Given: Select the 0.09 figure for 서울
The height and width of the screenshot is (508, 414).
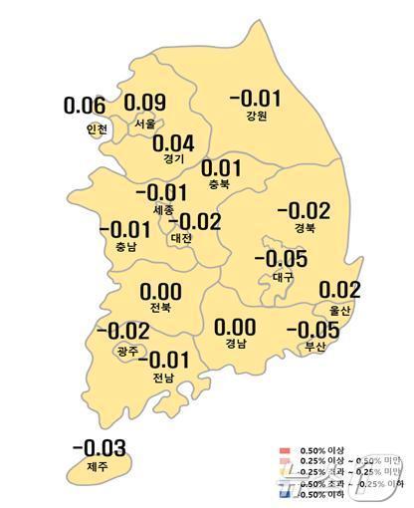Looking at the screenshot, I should pos(145,103).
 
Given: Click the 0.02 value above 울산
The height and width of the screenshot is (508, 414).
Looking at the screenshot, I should pos(339,290).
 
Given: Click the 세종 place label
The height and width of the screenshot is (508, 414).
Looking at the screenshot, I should pos(158,210).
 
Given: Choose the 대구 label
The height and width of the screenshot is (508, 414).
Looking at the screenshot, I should pos(283,276).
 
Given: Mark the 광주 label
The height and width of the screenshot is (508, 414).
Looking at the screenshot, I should pos(127,350).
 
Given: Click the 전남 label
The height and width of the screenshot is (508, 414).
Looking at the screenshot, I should pos(160,376).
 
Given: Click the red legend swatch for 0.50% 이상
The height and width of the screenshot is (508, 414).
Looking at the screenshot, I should pos(285,451).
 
